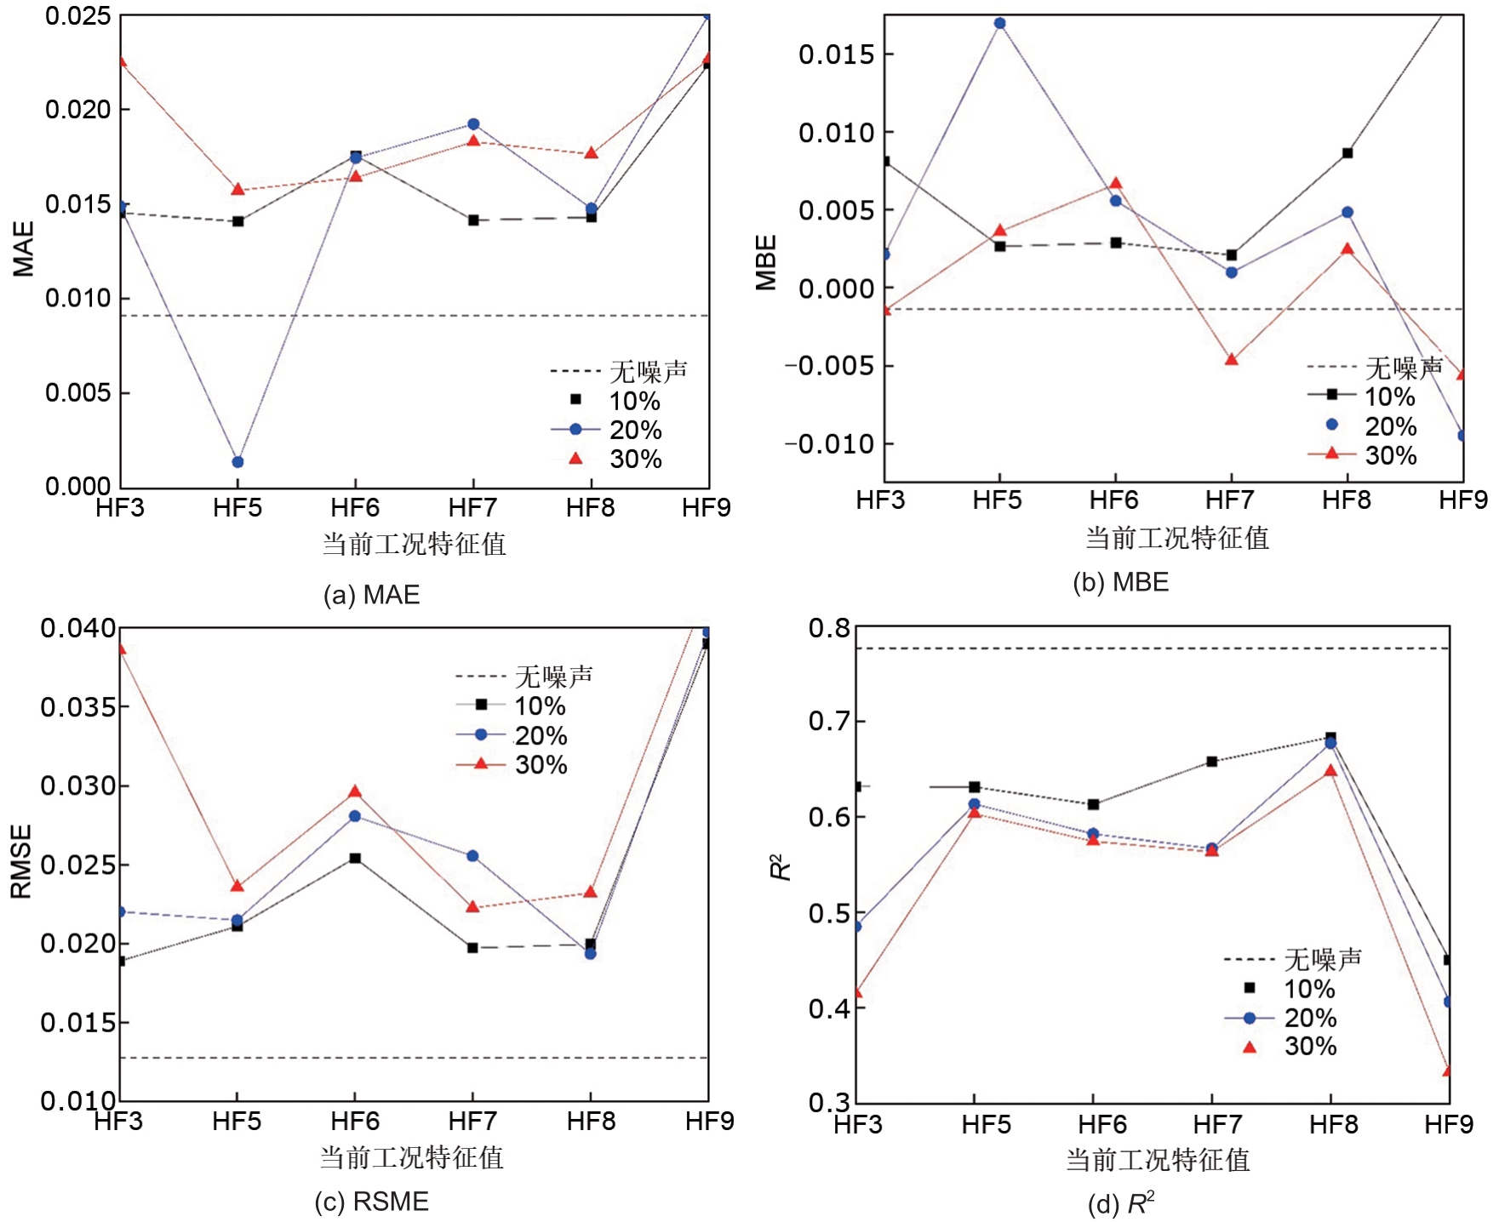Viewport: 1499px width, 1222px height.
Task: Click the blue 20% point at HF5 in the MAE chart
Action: click(238, 462)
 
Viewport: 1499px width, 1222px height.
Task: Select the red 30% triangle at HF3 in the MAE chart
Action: click(122, 61)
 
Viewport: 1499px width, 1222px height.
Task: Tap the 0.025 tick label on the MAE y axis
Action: click(78, 16)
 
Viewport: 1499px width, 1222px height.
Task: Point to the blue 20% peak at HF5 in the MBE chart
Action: click(1000, 23)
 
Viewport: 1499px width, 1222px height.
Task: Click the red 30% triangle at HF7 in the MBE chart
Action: click(1232, 359)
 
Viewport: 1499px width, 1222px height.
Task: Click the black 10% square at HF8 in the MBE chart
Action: click(1347, 153)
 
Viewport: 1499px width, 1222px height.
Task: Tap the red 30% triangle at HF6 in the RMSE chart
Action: click(355, 792)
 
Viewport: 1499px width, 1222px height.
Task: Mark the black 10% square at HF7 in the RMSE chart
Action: click(472, 947)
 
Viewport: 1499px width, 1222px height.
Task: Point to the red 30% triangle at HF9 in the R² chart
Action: click(1447, 1071)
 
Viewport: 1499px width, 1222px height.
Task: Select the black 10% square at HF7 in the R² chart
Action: click(1211, 762)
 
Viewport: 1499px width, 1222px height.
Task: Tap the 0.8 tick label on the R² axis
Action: click(829, 629)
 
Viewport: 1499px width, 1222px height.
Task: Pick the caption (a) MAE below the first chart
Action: click(372, 595)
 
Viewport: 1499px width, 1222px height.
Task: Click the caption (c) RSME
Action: click(372, 1202)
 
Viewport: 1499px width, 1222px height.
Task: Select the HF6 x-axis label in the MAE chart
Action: click(355, 508)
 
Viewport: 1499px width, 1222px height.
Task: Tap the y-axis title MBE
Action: click(767, 263)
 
